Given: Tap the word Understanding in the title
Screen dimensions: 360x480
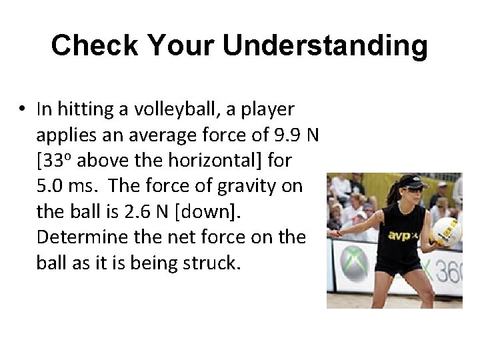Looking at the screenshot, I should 325,46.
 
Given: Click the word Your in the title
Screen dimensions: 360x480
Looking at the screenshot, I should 183,46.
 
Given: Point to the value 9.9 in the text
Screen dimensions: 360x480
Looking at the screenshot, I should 288,135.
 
